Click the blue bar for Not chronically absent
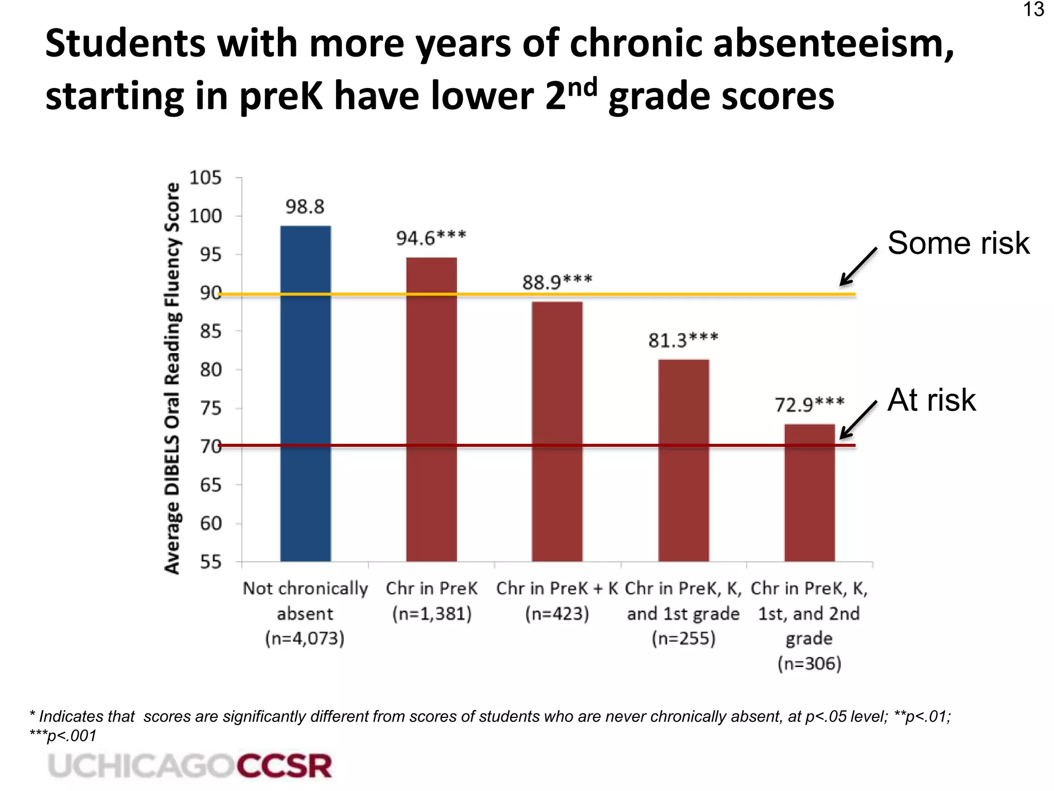click(305, 393)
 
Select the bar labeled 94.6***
click(431, 409)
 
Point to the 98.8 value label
click(305, 207)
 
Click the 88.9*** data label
click(557, 282)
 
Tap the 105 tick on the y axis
click(205, 178)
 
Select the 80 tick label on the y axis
click(210, 370)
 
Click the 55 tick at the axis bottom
click(210, 561)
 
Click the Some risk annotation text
click(958, 243)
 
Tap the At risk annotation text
click(932, 400)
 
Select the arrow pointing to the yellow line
click(858, 266)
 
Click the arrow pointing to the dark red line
click(858, 420)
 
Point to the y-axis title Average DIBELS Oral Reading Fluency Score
click(172, 379)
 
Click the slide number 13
click(1033, 10)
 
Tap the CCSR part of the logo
click(284, 766)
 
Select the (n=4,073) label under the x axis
click(305, 639)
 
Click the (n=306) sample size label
click(809, 663)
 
